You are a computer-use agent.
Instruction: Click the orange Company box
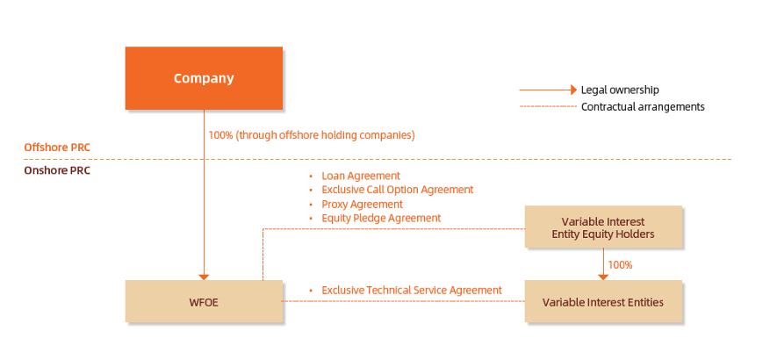[x=204, y=78]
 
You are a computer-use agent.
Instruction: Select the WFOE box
[x=204, y=301]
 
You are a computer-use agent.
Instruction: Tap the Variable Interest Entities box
[x=603, y=301]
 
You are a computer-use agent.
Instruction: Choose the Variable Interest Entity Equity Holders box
[x=603, y=227]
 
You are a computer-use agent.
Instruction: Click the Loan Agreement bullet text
[x=361, y=176]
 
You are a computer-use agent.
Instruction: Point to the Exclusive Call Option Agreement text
[x=397, y=190]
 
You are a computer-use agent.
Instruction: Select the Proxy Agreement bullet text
[x=362, y=204]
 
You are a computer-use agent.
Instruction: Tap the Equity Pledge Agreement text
[x=381, y=218]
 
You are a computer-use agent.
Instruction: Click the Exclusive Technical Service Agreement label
[x=412, y=291]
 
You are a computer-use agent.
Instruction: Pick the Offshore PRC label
[x=57, y=148]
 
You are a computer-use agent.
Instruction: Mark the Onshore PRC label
[x=57, y=171]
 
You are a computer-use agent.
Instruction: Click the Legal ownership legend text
[x=620, y=90]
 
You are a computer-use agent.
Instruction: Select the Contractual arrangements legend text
[x=643, y=106]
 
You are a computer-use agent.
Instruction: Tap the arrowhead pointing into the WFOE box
[x=204, y=277]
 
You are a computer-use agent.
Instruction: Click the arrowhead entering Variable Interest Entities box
[x=603, y=277]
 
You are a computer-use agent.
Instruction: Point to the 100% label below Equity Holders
[x=620, y=264]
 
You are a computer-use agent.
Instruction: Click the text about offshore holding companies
[x=312, y=135]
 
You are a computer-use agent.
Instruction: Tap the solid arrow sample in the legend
[x=548, y=90]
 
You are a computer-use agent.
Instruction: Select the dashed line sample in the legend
[x=548, y=106]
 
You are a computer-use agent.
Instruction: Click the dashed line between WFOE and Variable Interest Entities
[x=404, y=301]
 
